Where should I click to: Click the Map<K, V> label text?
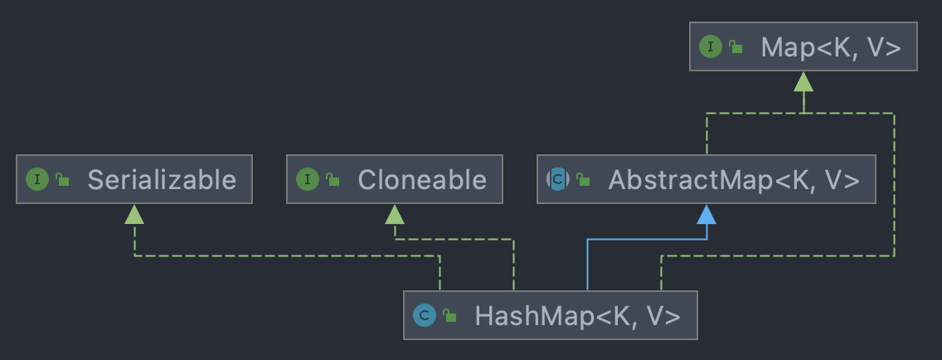(830, 47)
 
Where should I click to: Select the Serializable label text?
(162, 179)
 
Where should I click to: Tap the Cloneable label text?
(422, 179)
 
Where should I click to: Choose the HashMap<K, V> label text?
(577, 315)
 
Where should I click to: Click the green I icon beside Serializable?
(37, 179)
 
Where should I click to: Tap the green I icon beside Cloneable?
(308, 179)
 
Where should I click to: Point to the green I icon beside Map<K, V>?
(711, 47)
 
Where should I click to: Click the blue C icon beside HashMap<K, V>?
(425, 315)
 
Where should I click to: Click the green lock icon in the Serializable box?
(62, 179)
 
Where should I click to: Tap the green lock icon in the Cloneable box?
(333, 179)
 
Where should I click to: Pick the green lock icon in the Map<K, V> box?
(736, 47)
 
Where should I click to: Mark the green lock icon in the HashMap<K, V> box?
(449, 315)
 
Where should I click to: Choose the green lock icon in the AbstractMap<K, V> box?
(583, 179)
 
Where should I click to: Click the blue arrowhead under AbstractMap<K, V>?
(706, 214)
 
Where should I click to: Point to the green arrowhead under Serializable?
(134, 214)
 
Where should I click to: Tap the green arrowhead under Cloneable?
(395, 214)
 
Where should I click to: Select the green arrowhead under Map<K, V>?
(803, 81)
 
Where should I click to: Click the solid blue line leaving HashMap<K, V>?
(587, 265)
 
